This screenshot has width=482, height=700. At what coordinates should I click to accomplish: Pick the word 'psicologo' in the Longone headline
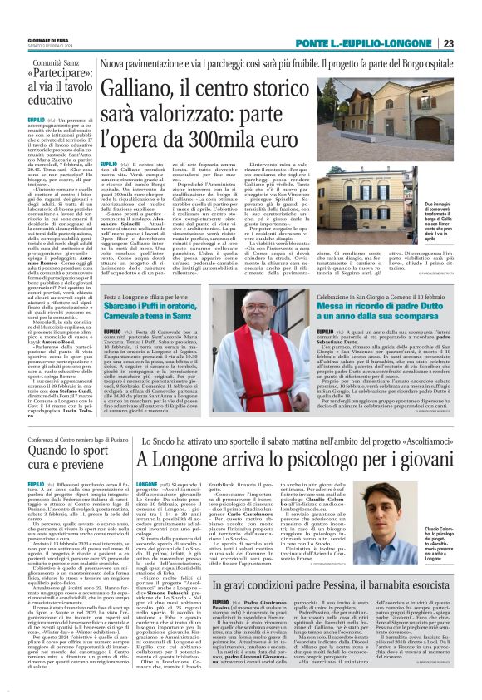click(315, 458)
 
